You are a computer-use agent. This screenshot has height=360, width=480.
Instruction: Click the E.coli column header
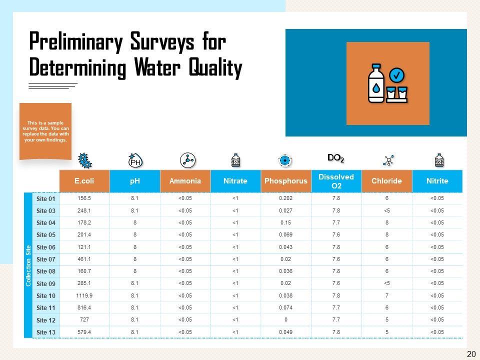click(x=84, y=181)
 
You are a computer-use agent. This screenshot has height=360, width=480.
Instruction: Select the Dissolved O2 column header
click(x=336, y=181)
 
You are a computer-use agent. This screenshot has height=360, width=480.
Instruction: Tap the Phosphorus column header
click(x=285, y=181)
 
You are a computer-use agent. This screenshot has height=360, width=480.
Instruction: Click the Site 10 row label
click(x=45, y=295)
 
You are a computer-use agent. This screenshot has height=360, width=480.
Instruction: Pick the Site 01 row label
click(x=45, y=198)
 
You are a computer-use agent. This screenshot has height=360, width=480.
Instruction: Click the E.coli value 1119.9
click(x=84, y=295)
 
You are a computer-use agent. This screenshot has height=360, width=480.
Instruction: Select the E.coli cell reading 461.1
click(x=84, y=259)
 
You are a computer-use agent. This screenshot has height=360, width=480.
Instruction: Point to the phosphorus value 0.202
click(x=285, y=198)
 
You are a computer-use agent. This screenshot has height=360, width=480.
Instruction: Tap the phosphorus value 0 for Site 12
click(x=285, y=320)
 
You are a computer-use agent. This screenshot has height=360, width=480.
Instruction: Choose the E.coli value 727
click(x=84, y=320)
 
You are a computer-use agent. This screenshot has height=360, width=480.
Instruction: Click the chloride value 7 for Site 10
click(x=387, y=295)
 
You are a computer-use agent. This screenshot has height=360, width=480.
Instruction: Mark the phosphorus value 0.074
click(x=285, y=308)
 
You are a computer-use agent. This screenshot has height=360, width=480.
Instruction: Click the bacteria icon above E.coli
click(x=85, y=160)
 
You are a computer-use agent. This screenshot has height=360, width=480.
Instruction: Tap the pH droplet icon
click(x=135, y=160)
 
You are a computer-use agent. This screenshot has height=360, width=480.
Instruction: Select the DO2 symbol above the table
click(x=335, y=158)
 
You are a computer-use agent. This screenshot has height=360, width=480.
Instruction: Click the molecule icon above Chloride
click(x=388, y=160)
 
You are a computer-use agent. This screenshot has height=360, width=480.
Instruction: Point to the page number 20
click(x=470, y=354)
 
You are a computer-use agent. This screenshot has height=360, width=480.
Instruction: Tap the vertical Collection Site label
click(x=28, y=265)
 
